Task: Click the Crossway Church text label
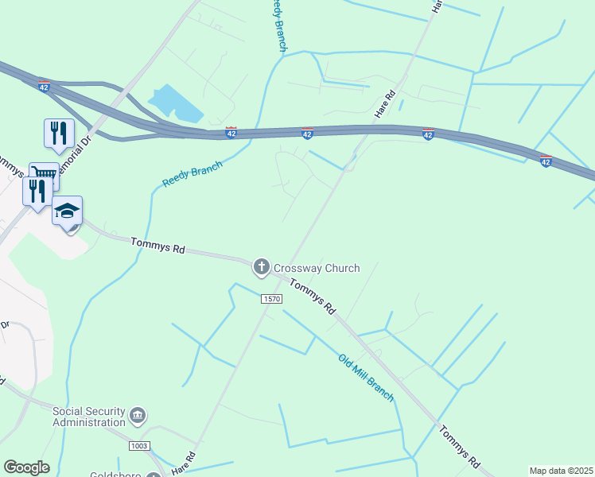click(317, 268)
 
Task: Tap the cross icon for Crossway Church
click(261, 268)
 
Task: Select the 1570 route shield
click(271, 297)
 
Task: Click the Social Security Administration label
click(89, 417)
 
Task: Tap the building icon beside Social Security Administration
click(138, 415)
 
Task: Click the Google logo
click(26, 467)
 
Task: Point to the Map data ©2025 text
click(561, 471)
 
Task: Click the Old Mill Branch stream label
click(366, 377)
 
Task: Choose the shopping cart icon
click(43, 174)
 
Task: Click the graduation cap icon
click(68, 211)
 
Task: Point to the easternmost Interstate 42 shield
click(546, 161)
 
